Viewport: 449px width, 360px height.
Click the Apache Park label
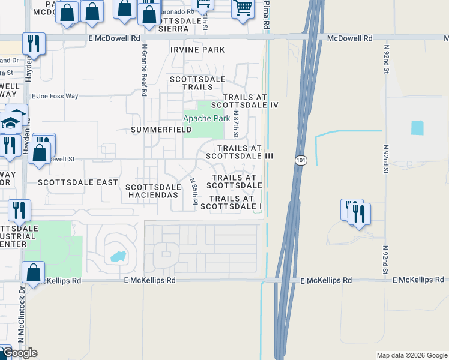click(x=206, y=119)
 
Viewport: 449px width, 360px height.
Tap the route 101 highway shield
click(x=301, y=160)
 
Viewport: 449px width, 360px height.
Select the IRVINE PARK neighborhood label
click(x=197, y=50)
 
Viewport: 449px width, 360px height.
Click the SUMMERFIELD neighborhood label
click(x=161, y=130)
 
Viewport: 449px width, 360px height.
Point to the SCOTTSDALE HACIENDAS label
click(x=153, y=191)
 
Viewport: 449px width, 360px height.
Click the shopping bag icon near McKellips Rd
click(x=34, y=273)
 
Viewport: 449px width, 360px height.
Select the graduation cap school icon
click(x=11, y=123)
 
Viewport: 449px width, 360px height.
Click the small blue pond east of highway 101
click(x=417, y=128)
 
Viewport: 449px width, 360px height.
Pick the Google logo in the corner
click(x=20, y=353)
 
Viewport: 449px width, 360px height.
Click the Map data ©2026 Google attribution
click(x=411, y=355)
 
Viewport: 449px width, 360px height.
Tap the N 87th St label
click(x=236, y=122)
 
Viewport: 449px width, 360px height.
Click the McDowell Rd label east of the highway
click(x=349, y=38)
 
